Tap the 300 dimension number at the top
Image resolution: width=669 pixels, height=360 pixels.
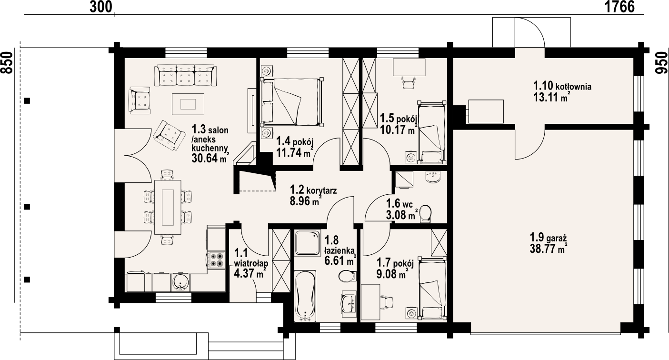pyautogui.click(x=100, y=7)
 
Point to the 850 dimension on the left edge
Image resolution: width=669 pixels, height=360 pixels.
pyautogui.click(x=7, y=62)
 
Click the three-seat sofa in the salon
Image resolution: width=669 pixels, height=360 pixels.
pyautogui.click(x=186, y=75)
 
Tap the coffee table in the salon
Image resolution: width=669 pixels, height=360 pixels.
pyautogui.click(x=188, y=104)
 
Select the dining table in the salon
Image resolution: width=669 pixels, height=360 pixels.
pyautogui.click(x=168, y=207)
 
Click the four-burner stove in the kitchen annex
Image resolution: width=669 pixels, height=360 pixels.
pyautogui.click(x=216, y=260)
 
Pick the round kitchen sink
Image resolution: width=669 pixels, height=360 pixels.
pyautogui.click(x=180, y=282)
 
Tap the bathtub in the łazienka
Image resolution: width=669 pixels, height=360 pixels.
pyautogui.click(x=305, y=296)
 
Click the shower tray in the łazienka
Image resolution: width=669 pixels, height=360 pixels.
pyautogui.click(x=307, y=242)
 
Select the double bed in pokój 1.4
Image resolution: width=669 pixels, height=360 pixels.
pyautogui.click(x=291, y=101)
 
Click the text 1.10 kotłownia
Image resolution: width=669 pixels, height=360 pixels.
pyautogui.click(x=562, y=86)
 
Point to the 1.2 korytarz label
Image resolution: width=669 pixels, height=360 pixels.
pyautogui.click(x=313, y=190)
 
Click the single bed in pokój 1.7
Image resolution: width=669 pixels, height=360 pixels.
pyautogui.click(x=432, y=288)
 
